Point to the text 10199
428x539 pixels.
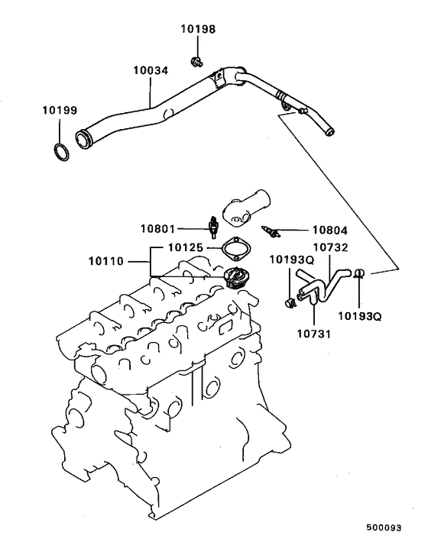pos(60,111)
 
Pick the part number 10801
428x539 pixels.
pos(158,227)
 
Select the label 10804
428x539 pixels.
pos(328,228)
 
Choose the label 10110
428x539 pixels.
pos(106,261)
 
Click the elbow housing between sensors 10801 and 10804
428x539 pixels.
pos(242,208)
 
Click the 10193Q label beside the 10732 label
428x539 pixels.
pos(290,260)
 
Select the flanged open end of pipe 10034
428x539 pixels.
pos(83,139)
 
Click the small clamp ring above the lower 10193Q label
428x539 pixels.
pos(360,273)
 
